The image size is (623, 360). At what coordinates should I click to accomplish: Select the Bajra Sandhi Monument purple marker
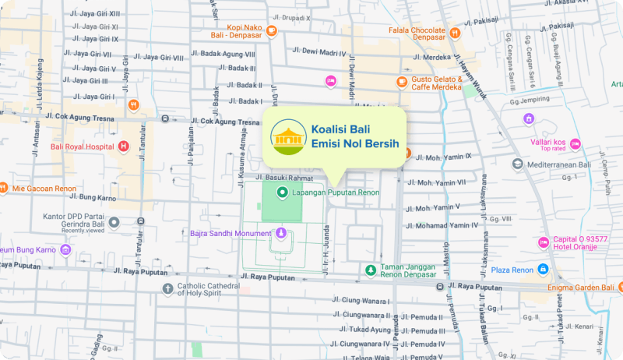click(x=281, y=232)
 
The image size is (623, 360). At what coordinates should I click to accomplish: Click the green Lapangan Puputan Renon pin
click(x=283, y=191)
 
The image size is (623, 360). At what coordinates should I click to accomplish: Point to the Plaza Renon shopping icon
click(x=543, y=270)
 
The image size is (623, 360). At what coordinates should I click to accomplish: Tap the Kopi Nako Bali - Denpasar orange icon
click(x=271, y=31)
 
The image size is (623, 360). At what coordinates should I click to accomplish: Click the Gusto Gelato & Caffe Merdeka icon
click(x=402, y=81)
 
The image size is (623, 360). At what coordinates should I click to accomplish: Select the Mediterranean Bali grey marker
click(x=518, y=164)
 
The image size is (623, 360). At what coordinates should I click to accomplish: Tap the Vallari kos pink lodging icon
click(x=575, y=143)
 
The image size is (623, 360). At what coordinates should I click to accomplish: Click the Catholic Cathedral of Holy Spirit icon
click(x=167, y=289)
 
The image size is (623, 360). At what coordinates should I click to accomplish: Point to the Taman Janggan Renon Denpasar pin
click(x=371, y=270)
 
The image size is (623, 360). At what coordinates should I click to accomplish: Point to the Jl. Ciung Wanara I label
click(x=364, y=301)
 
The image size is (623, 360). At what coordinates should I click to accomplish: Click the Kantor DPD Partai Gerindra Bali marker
click(x=114, y=222)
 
